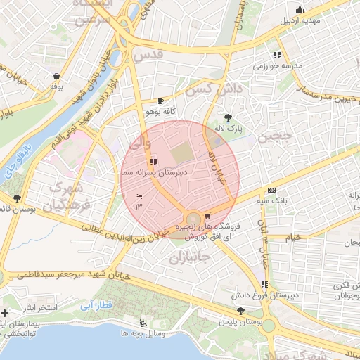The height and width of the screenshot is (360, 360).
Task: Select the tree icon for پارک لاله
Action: pyautogui.click(x=227, y=117)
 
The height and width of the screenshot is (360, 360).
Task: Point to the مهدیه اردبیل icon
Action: pyautogui.click(x=300, y=9)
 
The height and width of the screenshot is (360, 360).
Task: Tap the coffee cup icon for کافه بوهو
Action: pyautogui.click(x=161, y=101)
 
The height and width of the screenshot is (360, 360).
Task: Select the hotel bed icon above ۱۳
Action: pyautogui.click(x=139, y=195)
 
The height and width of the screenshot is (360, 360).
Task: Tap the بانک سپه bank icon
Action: pyautogui.click(x=271, y=191)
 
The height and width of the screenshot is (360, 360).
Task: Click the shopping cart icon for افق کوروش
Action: pyautogui.click(x=207, y=216)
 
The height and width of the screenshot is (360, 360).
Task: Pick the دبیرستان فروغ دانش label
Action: pyautogui.click(x=266, y=295)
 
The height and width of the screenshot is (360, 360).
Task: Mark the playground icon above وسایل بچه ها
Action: pyautogui.click(x=143, y=323)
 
